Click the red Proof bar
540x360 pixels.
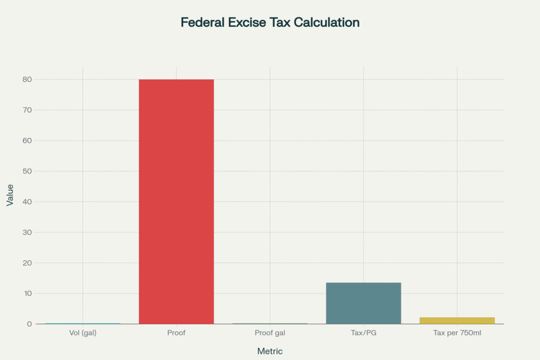pyautogui.click(x=176, y=201)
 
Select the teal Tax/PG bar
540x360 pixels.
pyautogui.click(x=363, y=303)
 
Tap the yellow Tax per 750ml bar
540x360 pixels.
pyautogui.click(x=457, y=320)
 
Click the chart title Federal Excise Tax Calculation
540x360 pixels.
pyautogui.click(x=270, y=23)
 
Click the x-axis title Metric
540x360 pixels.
pyautogui.click(x=270, y=351)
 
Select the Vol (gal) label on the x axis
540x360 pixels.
pyautogui.click(x=83, y=333)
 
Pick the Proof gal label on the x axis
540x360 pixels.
pyautogui.click(x=270, y=333)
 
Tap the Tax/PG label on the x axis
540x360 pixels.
pyautogui.click(x=363, y=333)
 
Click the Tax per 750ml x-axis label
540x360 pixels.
pyautogui.click(x=457, y=333)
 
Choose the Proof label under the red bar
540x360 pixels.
pyautogui.click(x=176, y=333)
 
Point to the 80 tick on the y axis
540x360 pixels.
pyautogui.click(x=26, y=80)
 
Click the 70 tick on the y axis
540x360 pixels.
pyautogui.click(x=26, y=110)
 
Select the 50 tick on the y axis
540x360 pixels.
pyautogui.click(x=26, y=171)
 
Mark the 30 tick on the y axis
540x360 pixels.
pyautogui.click(x=26, y=232)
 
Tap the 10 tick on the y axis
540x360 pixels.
pyautogui.click(x=26, y=294)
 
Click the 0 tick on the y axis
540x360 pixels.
pyautogui.click(x=28, y=324)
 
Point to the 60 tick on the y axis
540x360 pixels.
pyautogui.click(x=26, y=141)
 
